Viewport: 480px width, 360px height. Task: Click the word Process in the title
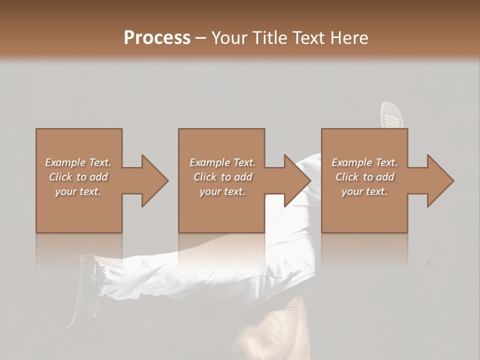[157, 38]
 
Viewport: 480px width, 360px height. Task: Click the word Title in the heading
[269, 38]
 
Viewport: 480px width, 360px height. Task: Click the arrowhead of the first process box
[154, 180]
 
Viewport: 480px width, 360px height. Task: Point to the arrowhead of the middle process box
[297, 180]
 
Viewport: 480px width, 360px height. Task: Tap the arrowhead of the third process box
[440, 180]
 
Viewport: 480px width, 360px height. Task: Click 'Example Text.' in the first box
[78, 162]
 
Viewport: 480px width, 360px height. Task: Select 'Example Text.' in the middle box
[222, 162]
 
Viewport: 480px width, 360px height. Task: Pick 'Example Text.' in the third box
[364, 162]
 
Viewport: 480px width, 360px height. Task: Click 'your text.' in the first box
[78, 191]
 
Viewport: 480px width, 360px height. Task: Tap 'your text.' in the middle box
[222, 191]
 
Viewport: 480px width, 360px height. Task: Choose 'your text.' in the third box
[364, 191]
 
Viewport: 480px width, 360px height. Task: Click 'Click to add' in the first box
[78, 177]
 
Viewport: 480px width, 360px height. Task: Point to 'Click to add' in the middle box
[222, 177]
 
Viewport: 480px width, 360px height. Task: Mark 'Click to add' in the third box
[364, 177]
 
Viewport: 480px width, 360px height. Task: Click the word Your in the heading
[229, 38]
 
